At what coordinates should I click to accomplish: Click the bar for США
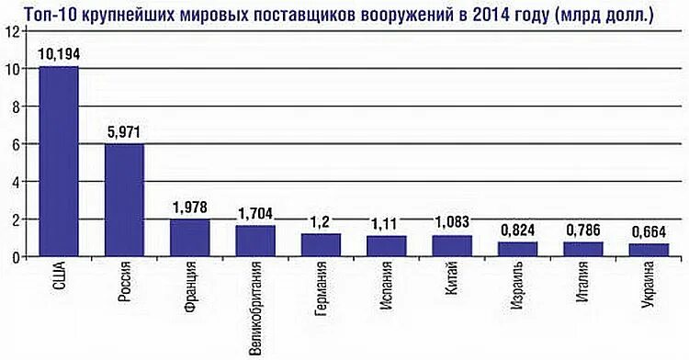click(58, 162)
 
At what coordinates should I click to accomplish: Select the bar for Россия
click(124, 200)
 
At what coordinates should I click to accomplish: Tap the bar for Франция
click(190, 238)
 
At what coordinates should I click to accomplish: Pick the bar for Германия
click(321, 245)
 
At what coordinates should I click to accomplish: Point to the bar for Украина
click(649, 250)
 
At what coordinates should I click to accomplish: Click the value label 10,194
click(58, 54)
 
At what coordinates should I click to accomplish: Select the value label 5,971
click(124, 132)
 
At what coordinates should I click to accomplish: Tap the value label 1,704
click(255, 213)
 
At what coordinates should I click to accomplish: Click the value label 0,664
click(649, 231)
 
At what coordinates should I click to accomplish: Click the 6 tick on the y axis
click(13, 144)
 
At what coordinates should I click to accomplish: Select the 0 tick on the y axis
click(13, 257)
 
